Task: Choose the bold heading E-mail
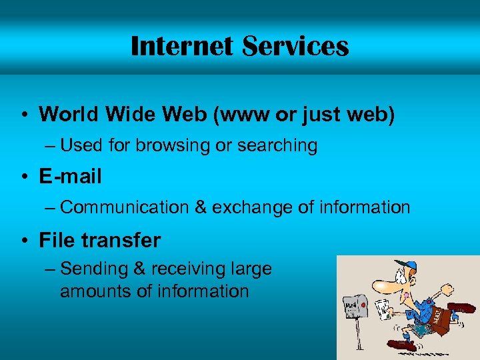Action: tap(70, 177)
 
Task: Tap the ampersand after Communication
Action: tap(200, 207)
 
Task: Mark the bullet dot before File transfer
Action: tap(23, 240)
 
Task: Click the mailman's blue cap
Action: tap(404, 266)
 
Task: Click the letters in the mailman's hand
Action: tap(383, 308)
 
